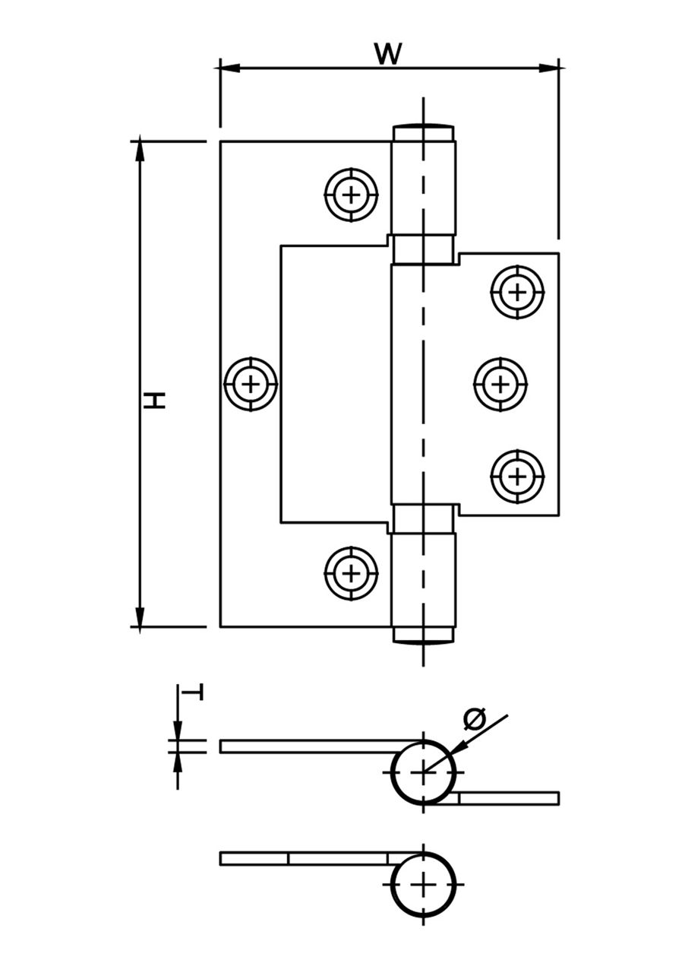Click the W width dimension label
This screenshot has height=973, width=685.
tap(388, 54)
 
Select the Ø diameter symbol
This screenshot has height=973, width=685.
tap(474, 718)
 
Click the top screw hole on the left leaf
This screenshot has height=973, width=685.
tap(351, 195)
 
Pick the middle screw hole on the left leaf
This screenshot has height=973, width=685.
tap(251, 384)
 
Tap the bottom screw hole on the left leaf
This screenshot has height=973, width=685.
tap(351, 572)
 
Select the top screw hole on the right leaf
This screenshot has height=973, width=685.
tap(517, 291)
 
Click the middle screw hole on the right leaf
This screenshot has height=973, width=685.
tap(500, 384)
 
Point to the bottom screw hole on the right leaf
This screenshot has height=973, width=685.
tap(517, 477)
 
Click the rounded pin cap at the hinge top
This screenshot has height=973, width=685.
tap(423, 125)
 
